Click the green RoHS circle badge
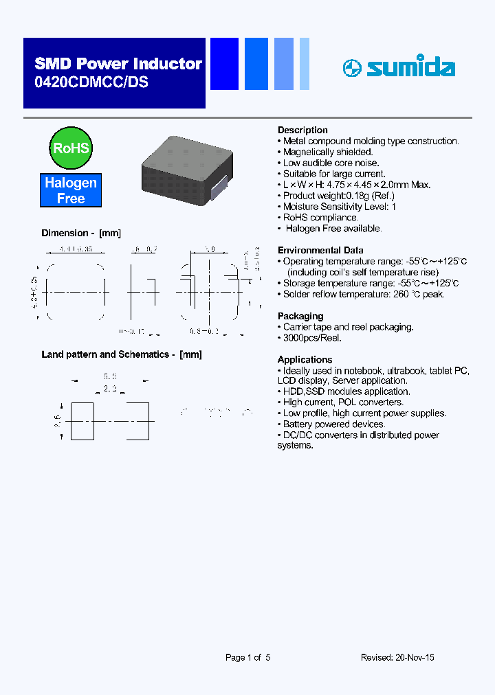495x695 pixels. pos(71,148)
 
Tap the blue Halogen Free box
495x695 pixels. pos(71,190)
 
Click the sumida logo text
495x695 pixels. pos(410,67)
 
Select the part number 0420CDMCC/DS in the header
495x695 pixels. pos(91,82)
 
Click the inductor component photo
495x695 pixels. pos(184,171)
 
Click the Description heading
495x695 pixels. pos(302,130)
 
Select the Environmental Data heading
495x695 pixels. pos(320,251)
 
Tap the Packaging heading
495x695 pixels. pos(300,316)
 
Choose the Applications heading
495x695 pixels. pos(305,360)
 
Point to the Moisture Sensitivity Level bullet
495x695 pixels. pos(340,207)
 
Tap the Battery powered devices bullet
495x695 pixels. pos(335,424)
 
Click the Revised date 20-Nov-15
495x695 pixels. pos(397,657)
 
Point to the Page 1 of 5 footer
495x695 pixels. pos(248,657)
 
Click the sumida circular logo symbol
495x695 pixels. pos(351,67)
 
